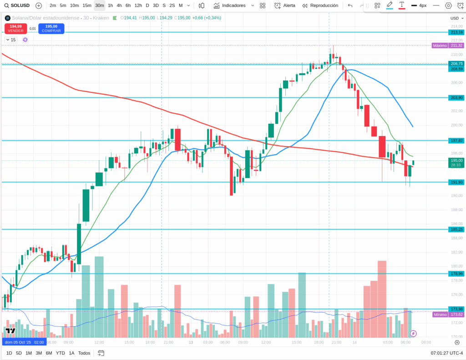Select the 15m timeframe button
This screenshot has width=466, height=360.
[x=87, y=5]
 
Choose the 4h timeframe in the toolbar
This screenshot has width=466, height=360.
[x=119, y=5]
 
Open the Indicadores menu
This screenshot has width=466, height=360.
[x=233, y=5]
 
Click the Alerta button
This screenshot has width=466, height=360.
[x=285, y=5]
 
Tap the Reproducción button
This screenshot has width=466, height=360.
[x=320, y=5]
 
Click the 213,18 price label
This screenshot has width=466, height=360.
[x=456, y=32]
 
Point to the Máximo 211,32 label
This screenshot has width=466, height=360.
[x=448, y=46]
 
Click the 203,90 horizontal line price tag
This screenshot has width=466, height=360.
[x=456, y=98]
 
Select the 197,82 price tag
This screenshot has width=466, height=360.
[x=456, y=141]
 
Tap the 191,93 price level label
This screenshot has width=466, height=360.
[x=456, y=182]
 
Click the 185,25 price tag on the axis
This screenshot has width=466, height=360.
[x=456, y=229]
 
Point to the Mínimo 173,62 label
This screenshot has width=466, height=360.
[x=448, y=314]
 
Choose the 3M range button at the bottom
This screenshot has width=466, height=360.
[x=39, y=353]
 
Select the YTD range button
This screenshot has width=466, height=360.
[x=60, y=353]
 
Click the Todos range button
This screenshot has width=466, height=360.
[x=84, y=353]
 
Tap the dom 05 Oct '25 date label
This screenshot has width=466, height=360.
[x=25, y=342]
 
